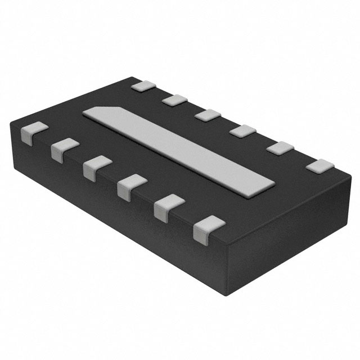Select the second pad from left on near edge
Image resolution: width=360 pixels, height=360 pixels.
(x=64, y=149)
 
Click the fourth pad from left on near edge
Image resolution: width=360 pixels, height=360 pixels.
(x=130, y=186)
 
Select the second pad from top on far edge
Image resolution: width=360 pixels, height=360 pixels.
(x=174, y=100)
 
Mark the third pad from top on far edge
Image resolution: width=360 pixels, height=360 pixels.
(x=208, y=115)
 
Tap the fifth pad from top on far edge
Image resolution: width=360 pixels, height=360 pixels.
(x=280, y=148)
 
